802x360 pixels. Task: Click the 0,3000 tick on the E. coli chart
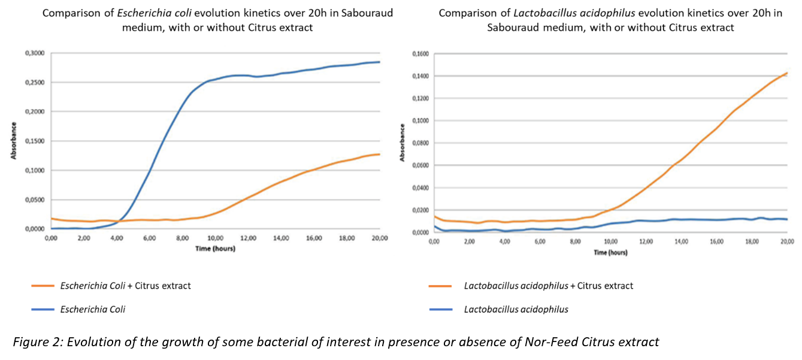point(35,53)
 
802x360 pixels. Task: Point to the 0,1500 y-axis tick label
point(35,141)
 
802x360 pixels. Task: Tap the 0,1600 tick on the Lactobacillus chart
point(422,54)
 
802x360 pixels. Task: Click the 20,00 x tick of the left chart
point(380,238)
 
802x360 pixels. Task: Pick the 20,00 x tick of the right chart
point(786,241)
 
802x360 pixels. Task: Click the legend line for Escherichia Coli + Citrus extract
point(43,286)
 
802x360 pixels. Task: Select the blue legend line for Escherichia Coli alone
point(43,310)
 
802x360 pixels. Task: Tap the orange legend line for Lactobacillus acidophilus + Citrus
point(441,286)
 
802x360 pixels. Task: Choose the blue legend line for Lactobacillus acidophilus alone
point(441,310)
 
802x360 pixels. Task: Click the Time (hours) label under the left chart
point(215,248)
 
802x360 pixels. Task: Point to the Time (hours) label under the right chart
point(610,252)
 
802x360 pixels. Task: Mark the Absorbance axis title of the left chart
point(13,141)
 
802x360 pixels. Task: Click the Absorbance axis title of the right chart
point(403,143)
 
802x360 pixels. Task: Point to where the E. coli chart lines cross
point(119,221)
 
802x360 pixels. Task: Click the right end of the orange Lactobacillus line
point(786,73)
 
